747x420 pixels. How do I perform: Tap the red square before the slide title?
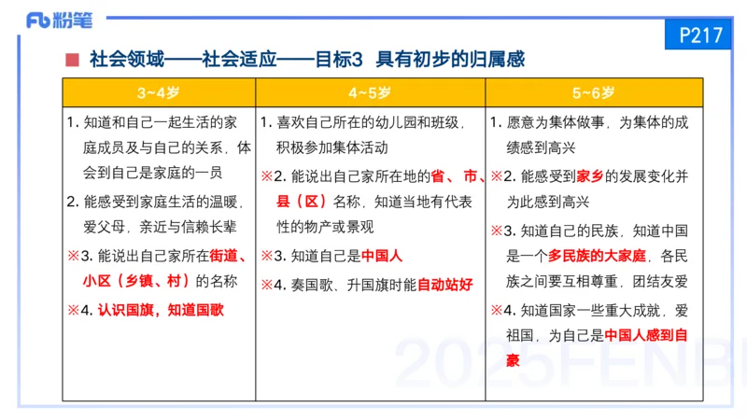72,61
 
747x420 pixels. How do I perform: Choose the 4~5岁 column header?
370,93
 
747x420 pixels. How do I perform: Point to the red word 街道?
229,255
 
